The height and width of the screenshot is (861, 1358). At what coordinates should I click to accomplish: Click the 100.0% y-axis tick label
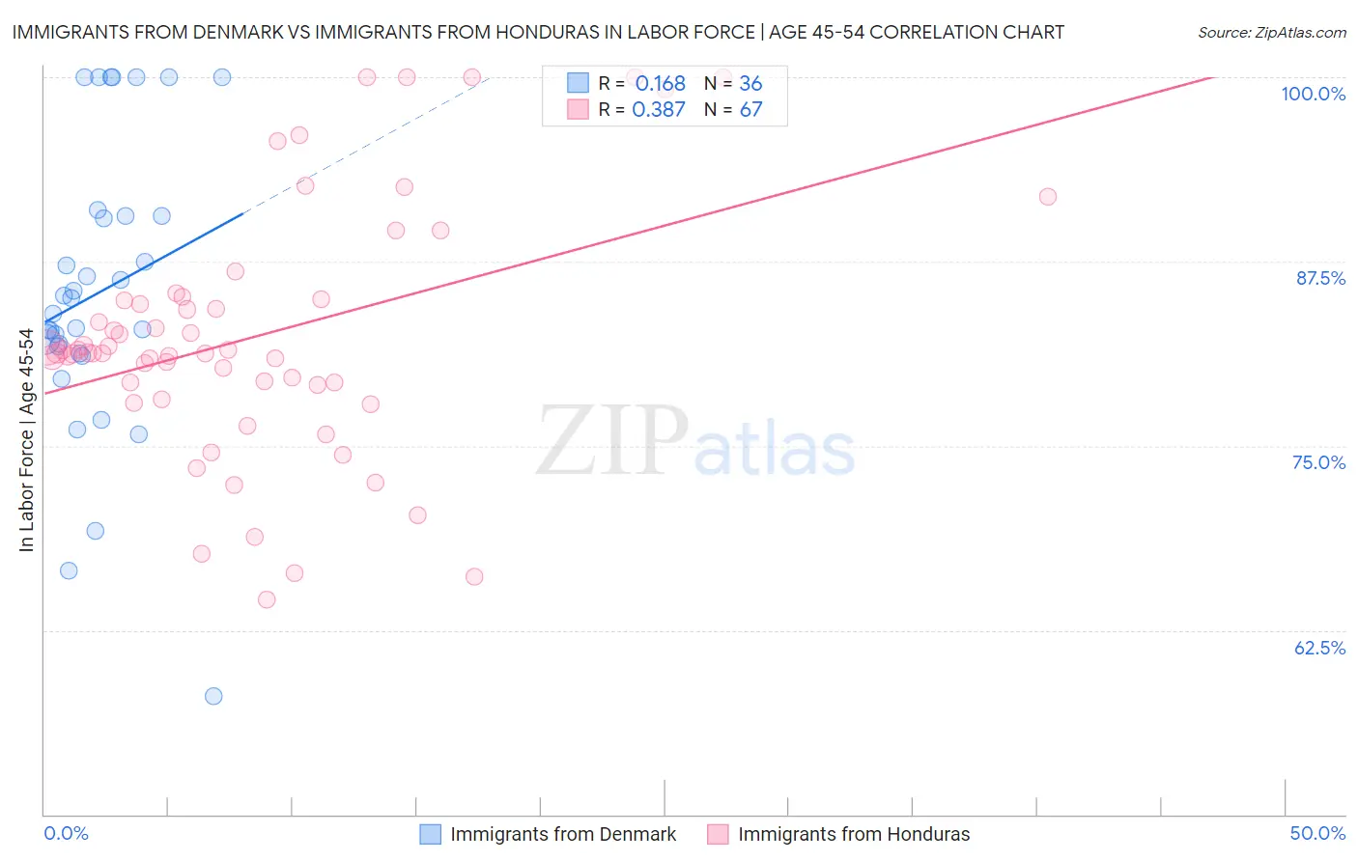pyautogui.click(x=1313, y=94)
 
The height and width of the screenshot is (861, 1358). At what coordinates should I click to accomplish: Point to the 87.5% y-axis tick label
pyautogui.click(x=1319, y=278)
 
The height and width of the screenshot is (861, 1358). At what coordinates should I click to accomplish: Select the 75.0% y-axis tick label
pyautogui.click(x=1318, y=462)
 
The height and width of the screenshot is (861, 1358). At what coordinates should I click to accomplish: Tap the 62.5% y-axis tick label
pyautogui.click(x=1319, y=648)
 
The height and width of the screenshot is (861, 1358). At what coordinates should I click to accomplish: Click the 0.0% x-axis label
pyautogui.click(x=66, y=833)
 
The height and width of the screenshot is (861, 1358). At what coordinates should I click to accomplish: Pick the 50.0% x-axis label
pyautogui.click(x=1317, y=833)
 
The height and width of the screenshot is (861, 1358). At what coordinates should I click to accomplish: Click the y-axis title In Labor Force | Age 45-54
pyautogui.click(x=26, y=440)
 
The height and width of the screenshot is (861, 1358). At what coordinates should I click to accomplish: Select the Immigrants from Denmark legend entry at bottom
pyautogui.click(x=562, y=834)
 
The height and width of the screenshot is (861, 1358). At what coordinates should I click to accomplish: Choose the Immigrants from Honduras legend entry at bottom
pyautogui.click(x=853, y=834)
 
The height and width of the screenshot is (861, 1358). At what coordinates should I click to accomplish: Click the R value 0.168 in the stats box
pyautogui.click(x=660, y=84)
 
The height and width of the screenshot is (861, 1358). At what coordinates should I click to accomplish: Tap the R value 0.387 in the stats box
pyautogui.click(x=658, y=110)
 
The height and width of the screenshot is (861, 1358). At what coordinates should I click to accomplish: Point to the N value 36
pyautogui.click(x=750, y=84)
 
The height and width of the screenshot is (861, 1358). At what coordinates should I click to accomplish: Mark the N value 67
pyautogui.click(x=750, y=110)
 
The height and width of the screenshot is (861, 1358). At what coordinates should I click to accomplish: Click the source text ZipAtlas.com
pyautogui.click(x=1298, y=33)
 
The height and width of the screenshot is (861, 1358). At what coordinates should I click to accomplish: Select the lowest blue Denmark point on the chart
pyautogui.click(x=213, y=696)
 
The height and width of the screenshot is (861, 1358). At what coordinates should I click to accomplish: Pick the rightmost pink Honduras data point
pyautogui.click(x=1048, y=197)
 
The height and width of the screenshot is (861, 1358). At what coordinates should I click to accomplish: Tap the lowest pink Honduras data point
pyautogui.click(x=267, y=599)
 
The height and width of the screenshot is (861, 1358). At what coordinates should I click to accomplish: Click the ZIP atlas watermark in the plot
pyautogui.click(x=695, y=441)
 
